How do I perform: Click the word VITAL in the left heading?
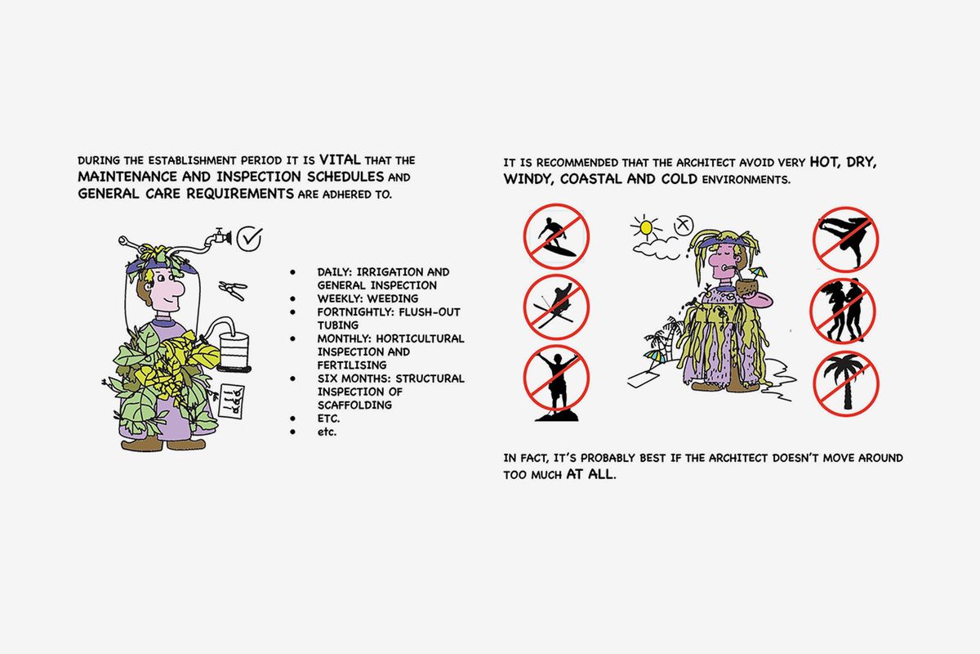point(340,159)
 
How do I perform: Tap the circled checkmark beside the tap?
point(250,239)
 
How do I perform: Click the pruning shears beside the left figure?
point(234,290)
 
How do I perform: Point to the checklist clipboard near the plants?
point(231,401)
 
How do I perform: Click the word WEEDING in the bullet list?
point(393,298)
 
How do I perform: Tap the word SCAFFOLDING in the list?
point(354,405)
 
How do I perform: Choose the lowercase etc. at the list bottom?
point(327,432)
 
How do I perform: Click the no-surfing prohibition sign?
point(556,236)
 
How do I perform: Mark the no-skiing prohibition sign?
point(556,307)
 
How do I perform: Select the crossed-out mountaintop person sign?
point(556,380)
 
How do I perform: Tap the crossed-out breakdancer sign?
point(846,240)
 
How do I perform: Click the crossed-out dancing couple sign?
point(843,311)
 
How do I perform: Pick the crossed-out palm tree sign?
point(846,383)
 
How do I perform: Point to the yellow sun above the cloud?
point(646,227)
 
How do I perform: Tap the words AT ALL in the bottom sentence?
point(591,474)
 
